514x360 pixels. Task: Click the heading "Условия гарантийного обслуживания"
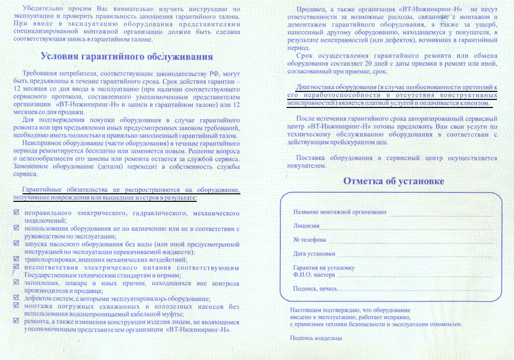pyautogui.click(x=126, y=56)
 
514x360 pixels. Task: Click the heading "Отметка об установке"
pyautogui.click(x=394, y=181)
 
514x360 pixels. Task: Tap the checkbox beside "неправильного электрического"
pyautogui.click(x=16, y=213)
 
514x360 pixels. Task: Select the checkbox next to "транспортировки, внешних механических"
pyautogui.click(x=16, y=259)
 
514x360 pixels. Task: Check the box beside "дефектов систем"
pyautogui.click(x=16, y=298)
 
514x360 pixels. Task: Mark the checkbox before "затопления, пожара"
pyautogui.click(x=16, y=282)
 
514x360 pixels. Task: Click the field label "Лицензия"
pyautogui.click(x=306, y=226)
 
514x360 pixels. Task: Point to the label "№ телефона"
pyautogui.click(x=310, y=239)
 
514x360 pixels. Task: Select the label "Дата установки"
pyautogui.click(x=314, y=254)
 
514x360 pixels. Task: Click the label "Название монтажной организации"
pyautogui.click(x=340, y=212)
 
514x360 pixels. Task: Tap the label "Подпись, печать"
pyautogui.click(x=315, y=288)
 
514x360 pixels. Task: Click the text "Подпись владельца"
pyautogui.click(x=316, y=338)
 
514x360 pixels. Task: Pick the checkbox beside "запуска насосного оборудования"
pyautogui.click(x=16, y=244)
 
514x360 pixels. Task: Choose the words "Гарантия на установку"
pyautogui.click(x=324, y=268)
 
